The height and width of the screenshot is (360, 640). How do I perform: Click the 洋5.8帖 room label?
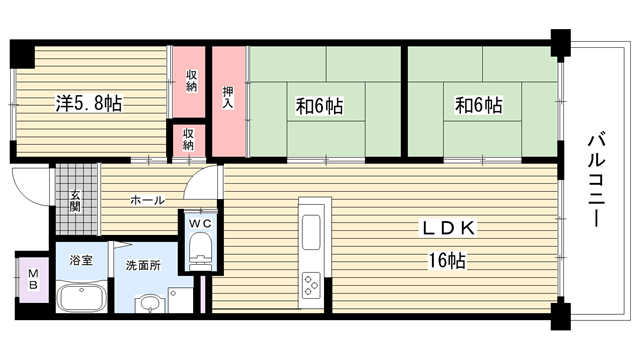coord(89,103)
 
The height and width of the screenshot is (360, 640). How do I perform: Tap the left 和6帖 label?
coord(319,106)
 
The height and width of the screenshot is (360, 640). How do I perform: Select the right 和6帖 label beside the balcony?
coord(478,105)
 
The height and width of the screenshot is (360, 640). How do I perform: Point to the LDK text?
coord(449,228)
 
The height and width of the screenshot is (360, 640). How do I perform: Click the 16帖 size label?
coord(447,260)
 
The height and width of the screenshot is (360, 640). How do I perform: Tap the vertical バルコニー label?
coord(596,179)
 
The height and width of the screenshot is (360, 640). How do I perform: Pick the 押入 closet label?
coord(228,98)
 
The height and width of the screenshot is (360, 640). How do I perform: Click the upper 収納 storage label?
coord(191,81)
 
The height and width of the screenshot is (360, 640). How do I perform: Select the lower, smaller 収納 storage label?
coord(188,140)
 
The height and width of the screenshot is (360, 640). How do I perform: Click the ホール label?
coord(147,200)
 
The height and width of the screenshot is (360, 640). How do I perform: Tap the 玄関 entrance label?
coord(75,202)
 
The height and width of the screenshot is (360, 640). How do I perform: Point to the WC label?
coord(200,224)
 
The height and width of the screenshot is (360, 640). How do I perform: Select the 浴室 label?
coord(81,260)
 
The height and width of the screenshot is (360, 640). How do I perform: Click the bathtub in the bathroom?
coord(81,297)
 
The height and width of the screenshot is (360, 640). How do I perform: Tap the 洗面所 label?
coord(143,266)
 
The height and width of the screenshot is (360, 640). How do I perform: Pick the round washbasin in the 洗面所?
coord(149,303)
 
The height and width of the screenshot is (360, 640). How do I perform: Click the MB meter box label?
coord(33,280)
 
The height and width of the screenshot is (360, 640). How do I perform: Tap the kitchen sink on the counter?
coord(311,232)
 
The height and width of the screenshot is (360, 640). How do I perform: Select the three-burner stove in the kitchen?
coord(311,285)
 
